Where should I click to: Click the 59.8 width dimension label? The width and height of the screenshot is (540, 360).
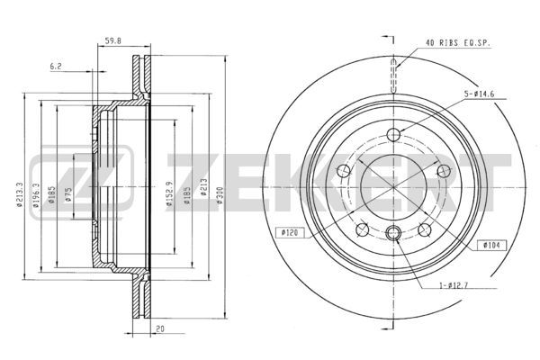113,41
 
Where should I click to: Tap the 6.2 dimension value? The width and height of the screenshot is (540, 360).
56,67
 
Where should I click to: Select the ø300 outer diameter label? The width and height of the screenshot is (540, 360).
220,195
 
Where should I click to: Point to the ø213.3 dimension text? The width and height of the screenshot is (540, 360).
19,194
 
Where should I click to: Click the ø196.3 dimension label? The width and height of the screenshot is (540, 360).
36,194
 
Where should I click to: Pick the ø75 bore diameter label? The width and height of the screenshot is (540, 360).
68,195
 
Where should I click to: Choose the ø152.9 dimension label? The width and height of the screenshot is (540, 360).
169,193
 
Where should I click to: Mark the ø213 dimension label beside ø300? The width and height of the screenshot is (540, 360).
204,187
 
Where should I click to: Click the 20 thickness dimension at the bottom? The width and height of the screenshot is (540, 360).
160,329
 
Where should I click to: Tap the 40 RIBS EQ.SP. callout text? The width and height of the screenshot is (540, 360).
458,43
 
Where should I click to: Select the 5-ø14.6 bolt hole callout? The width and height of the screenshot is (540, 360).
479,94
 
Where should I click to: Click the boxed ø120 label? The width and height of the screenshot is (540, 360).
290,233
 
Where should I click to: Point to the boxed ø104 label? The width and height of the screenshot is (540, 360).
492,246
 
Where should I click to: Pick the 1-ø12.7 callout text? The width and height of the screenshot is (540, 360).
454,285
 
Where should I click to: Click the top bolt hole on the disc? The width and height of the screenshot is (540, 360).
393,134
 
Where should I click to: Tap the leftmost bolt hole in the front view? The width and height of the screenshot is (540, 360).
344,170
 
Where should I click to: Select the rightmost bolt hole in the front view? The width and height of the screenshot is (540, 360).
444,170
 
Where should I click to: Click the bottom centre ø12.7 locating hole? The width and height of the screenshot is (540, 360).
393,233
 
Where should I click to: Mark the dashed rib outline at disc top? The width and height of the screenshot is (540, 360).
393,76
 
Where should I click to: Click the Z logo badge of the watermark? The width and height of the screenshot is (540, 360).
81,183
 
